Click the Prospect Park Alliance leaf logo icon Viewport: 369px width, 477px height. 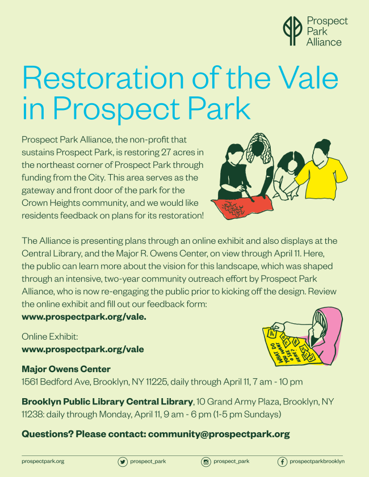pyautogui.click(x=292, y=31)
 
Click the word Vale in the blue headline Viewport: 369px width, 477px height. pyautogui.click(x=308, y=77)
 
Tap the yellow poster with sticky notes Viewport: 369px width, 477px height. pyautogui.click(x=290, y=347)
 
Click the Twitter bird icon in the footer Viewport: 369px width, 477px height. pyautogui.click(x=123, y=462)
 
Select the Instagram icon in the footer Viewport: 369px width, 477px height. pyautogui.click(x=206, y=462)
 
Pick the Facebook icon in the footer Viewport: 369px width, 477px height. pyautogui.click(x=282, y=462)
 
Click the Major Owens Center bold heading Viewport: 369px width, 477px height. pyautogui.click(x=66, y=369)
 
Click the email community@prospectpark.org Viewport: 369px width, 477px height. pyautogui.click(x=219, y=434)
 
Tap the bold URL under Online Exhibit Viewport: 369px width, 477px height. pyautogui.click(x=83, y=349)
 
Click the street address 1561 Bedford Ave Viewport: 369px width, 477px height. pyautogui.click(x=56, y=382)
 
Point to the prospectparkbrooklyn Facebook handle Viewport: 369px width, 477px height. pyautogui.click(x=317, y=462)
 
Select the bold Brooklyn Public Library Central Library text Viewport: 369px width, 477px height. pyautogui.click(x=107, y=402)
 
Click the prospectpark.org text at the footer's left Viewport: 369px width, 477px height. pyautogui.click(x=43, y=462)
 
